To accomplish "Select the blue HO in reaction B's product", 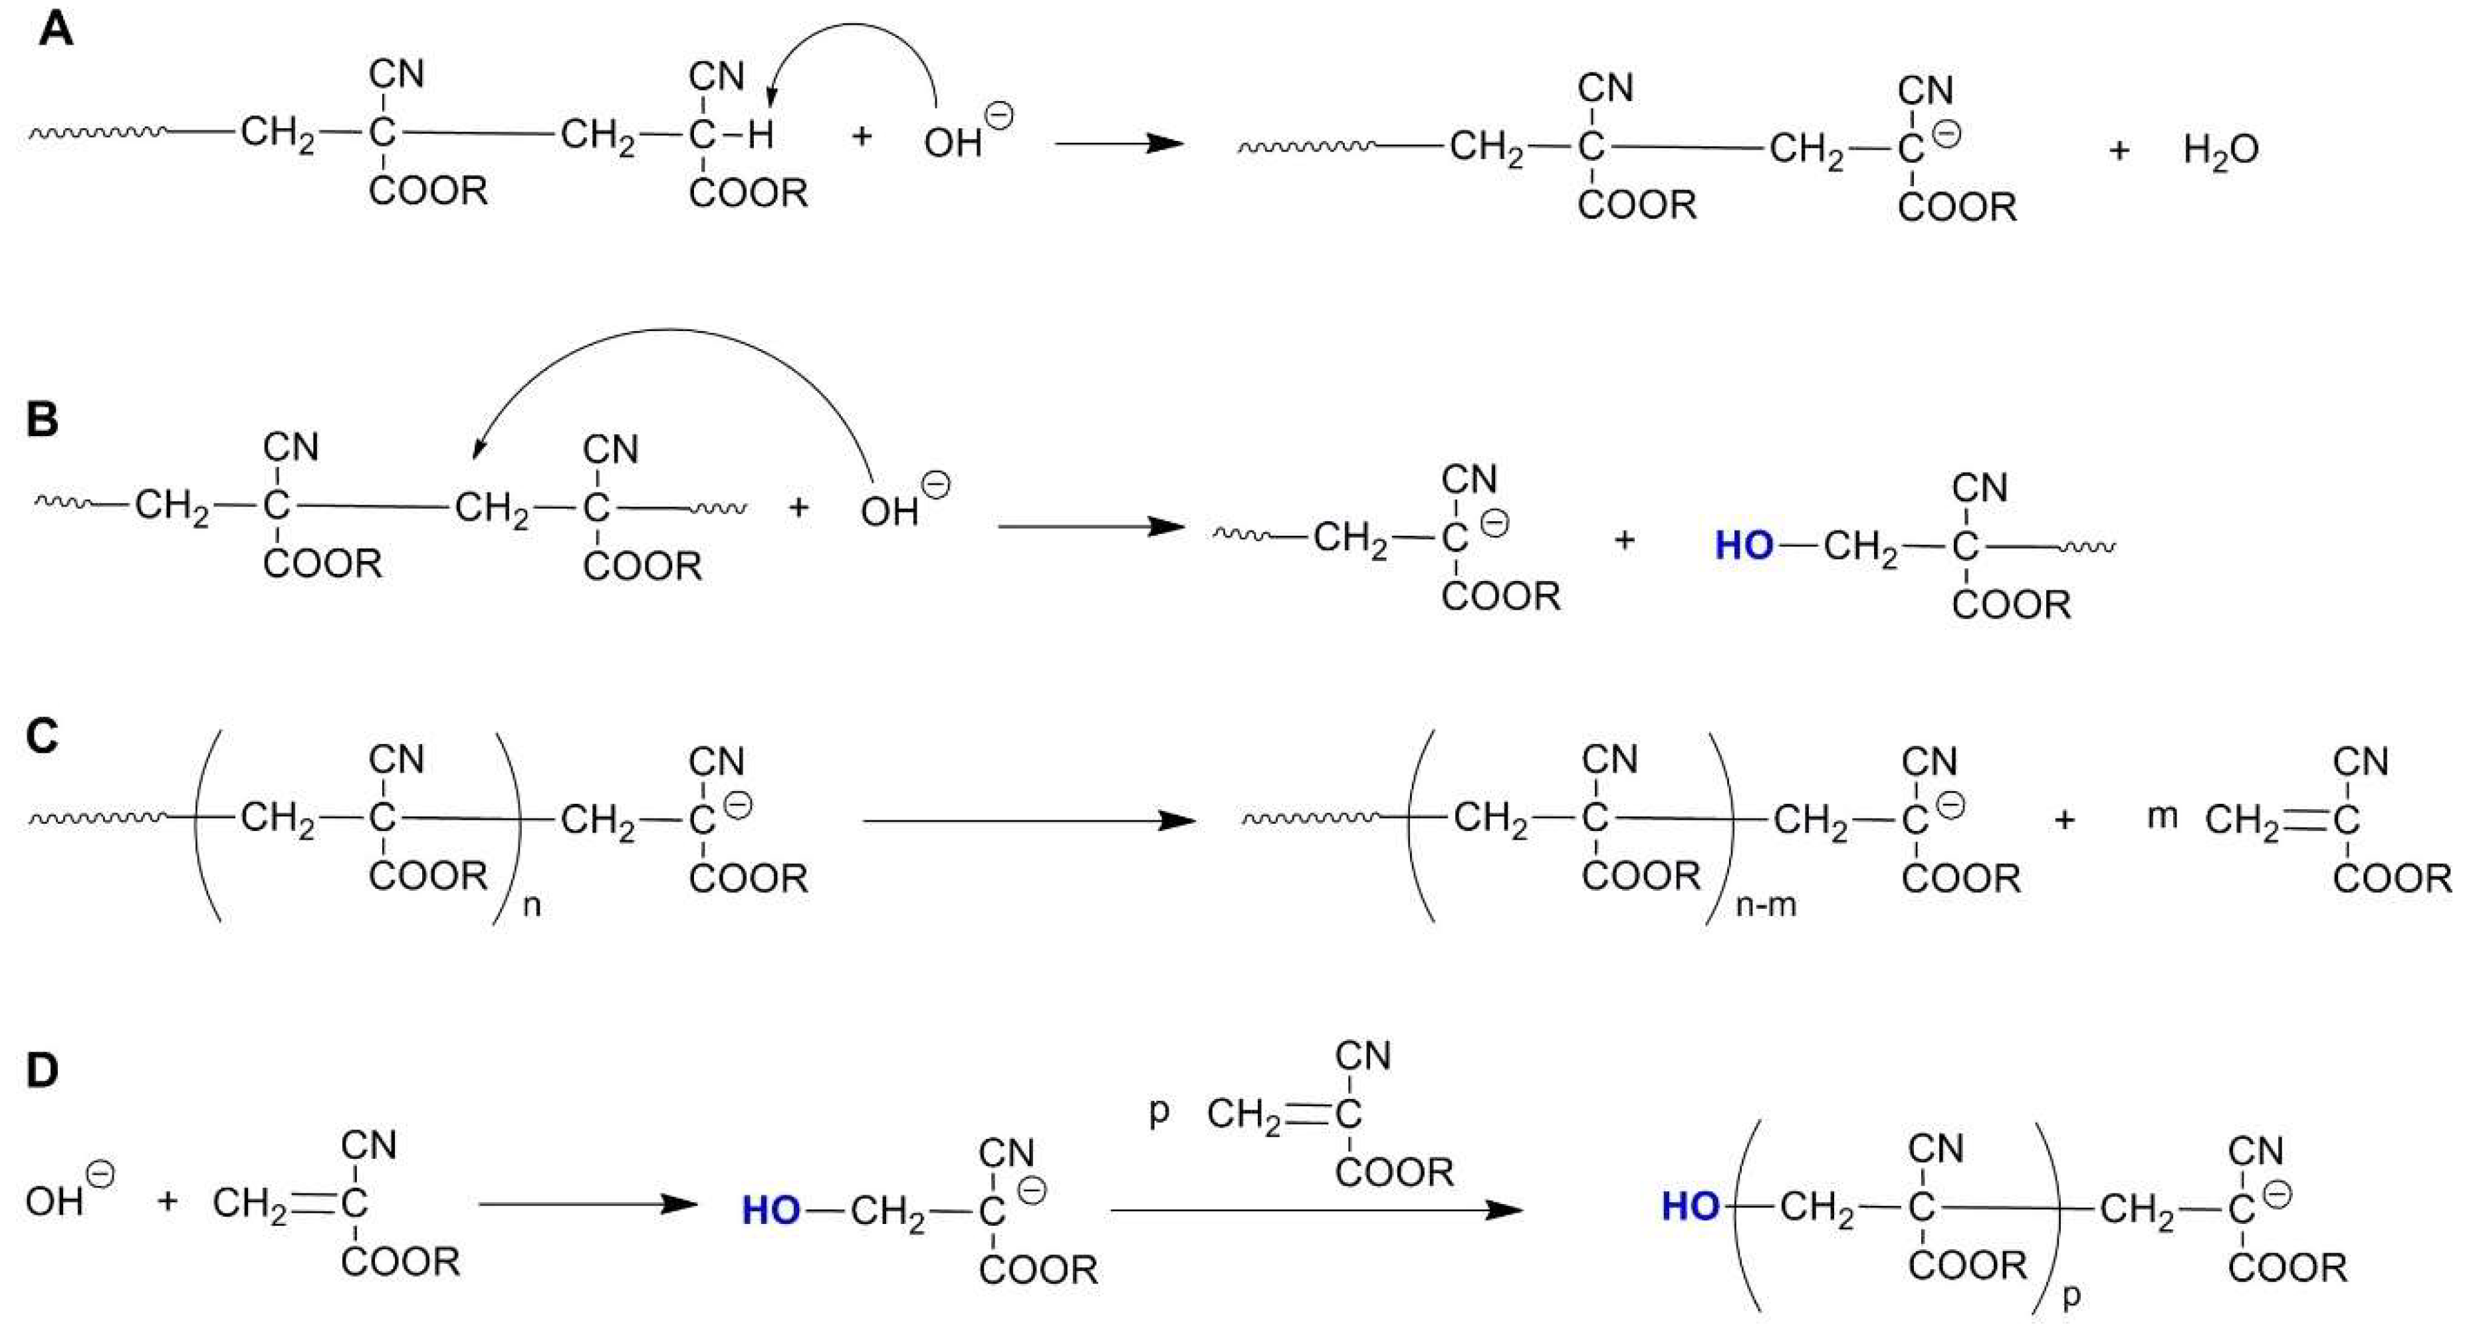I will pyautogui.click(x=1743, y=546).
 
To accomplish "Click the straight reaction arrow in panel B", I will pyautogui.click(x=1092, y=527).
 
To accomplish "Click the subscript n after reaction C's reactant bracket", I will pyautogui.click(x=532, y=905).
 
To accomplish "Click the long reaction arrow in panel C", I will pyautogui.click(x=1030, y=820).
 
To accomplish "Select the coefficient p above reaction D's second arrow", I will pyautogui.click(x=1159, y=1111).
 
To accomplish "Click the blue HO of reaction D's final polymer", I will pyautogui.click(x=1691, y=1207).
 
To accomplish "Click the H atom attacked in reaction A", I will pyautogui.click(x=761, y=135).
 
